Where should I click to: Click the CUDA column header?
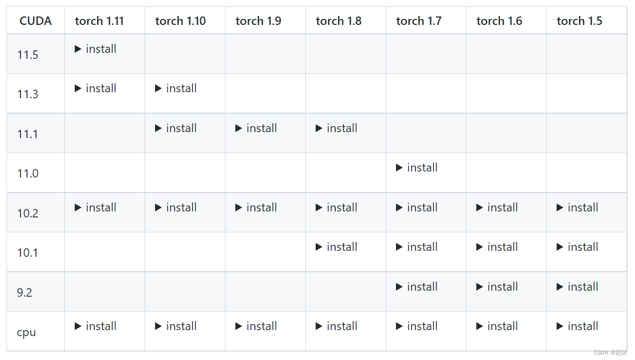[35, 21]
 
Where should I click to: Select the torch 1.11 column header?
[99, 21]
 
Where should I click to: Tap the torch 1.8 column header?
[339, 21]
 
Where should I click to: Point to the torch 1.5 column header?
[579, 21]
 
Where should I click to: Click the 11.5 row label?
[27, 55]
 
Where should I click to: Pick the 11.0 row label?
[27, 174]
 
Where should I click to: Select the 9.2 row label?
[24, 293]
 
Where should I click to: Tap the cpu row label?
[26, 332]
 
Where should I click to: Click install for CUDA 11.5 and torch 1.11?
[101, 49]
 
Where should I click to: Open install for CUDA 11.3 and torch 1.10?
[181, 88]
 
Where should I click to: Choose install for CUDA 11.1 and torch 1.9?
[261, 128]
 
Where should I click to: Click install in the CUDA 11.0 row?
[422, 168]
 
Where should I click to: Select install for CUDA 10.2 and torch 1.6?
[502, 207]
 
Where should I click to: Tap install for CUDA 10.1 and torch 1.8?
[342, 247]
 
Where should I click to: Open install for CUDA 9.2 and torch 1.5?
[583, 287]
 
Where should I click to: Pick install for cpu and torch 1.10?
[181, 326]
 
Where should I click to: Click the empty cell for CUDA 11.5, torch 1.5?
[586, 54]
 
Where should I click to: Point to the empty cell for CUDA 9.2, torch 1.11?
[105, 292]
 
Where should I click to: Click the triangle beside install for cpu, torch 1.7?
[399, 326]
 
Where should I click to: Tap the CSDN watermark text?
[611, 353]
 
